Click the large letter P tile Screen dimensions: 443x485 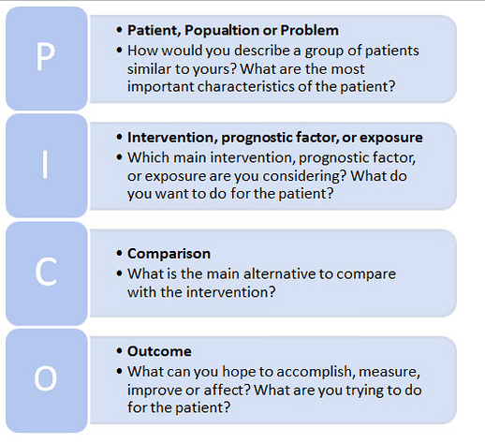[x=45, y=58]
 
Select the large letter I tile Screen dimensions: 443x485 [x=45, y=165]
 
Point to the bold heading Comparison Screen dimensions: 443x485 [x=169, y=254]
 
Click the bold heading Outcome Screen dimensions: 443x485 [x=159, y=351]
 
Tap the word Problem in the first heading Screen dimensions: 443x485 [x=308, y=30]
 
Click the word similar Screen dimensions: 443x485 [x=151, y=67]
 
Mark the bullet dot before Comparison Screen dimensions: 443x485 [x=119, y=254]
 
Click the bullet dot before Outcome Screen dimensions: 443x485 [x=119, y=351]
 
